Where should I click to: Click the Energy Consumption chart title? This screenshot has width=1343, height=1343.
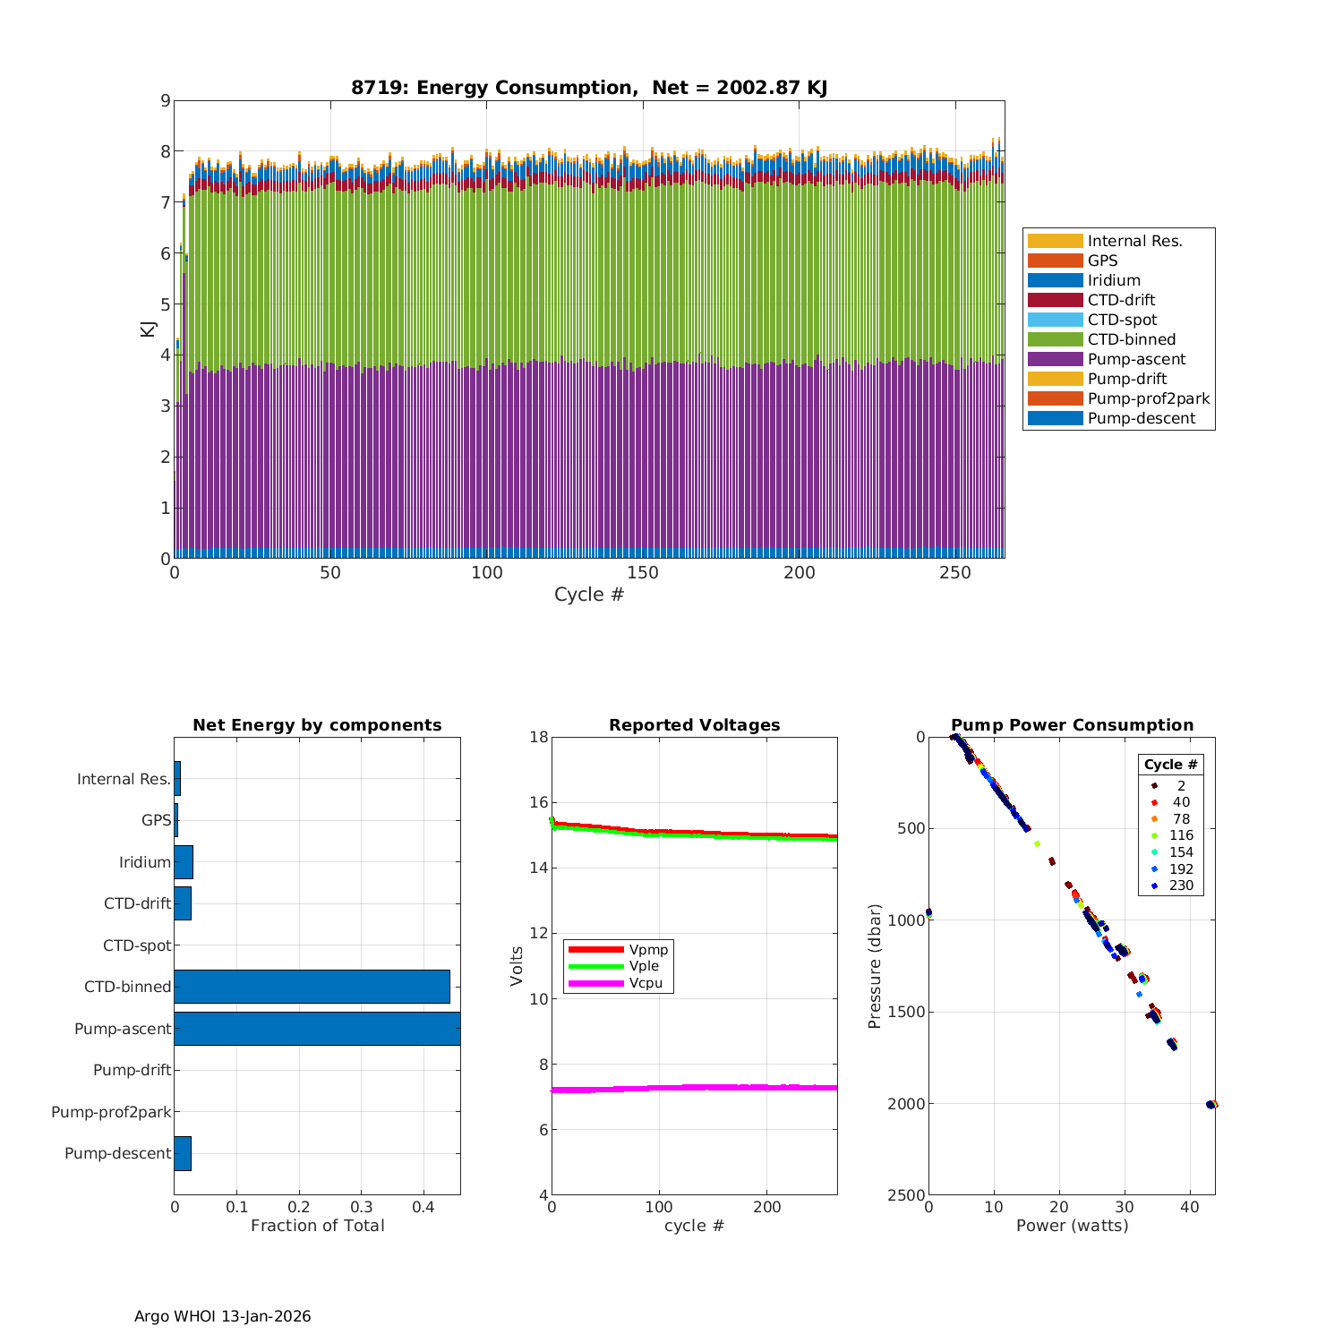tap(589, 88)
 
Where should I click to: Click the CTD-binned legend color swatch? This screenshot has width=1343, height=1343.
tap(1055, 339)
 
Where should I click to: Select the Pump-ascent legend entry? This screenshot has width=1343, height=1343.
tap(1136, 359)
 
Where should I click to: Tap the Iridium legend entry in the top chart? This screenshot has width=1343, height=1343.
tap(1114, 280)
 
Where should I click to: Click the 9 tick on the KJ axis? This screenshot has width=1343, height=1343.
tap(165, 100)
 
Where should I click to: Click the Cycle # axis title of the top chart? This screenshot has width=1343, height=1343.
tap(589, 595)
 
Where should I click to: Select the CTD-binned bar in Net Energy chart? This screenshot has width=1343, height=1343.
tap(312, 986)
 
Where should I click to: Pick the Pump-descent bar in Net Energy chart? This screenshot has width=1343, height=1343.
tap(183, 1153)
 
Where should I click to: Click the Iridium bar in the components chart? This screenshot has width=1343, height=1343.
tap(184, 861)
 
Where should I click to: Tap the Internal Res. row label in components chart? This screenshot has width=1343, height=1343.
tap(124, 779)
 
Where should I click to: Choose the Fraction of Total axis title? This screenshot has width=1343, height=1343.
tap(317, 1226)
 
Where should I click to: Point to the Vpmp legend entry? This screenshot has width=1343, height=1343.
tap(648, 949)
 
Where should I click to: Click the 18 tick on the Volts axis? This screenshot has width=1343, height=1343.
tap(539, 737)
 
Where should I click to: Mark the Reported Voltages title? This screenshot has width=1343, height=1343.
tap(694, 725)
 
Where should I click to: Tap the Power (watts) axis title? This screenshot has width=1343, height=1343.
tap(1072, 1226)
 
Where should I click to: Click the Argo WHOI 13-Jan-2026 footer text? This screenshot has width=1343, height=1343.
tap(222, 1316)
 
